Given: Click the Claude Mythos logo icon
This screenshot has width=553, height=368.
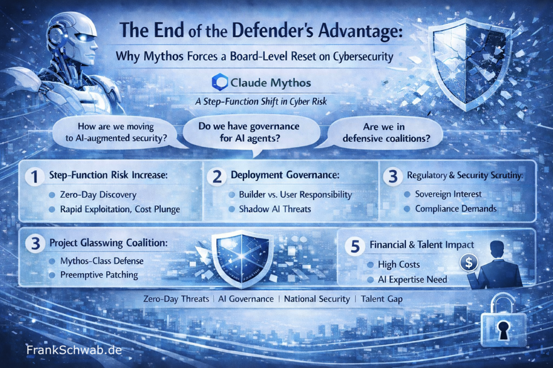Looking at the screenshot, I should coord(220,82).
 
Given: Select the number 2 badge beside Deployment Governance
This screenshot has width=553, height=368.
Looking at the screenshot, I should coord(216,176).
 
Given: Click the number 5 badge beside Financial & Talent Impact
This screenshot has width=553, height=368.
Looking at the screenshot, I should coord(355,246).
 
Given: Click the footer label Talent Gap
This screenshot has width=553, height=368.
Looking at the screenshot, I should coord(381,299).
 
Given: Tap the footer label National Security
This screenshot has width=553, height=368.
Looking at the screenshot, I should coord(317,299).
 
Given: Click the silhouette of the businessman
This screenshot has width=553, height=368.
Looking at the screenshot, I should coord(500,264).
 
